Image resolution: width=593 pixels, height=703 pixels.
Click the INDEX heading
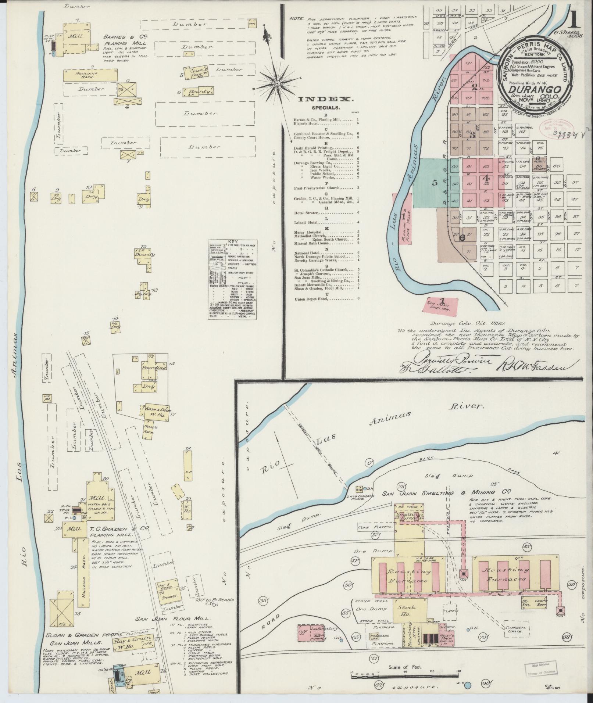(326, 99)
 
